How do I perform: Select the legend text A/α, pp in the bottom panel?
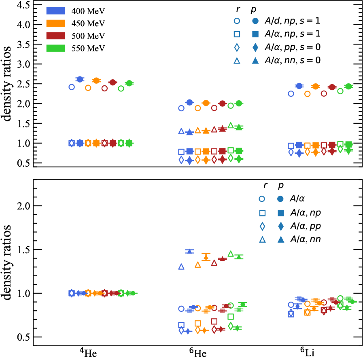(303, 226)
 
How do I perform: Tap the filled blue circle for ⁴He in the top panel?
(80, 79)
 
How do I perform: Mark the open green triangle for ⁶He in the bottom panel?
(231, 254)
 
